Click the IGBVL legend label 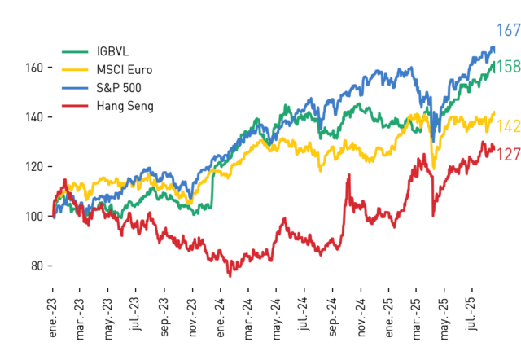click(x=112, y=51)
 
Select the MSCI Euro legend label click(x=125, y=70)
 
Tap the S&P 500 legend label click(x=119, y=88)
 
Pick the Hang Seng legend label click(x=125, y=106)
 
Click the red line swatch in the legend click(x=75, y=106)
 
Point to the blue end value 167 click(x=508, y=30)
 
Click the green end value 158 click(x=508, y=67)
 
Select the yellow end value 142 click(x=508, y=126)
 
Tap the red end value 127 click(x=508, y=155)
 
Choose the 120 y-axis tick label click(x=34, y=167)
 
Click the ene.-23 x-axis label click(x=53, y=318)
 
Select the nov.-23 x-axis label click(x=193, y=318)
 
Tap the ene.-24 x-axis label click(x=221, y=318)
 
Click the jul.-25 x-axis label click(x=472, y=314)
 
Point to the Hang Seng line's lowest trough click(x=230, y=276)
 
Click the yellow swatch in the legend click(x=75, y=70)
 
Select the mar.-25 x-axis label click(x=416, y=318)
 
